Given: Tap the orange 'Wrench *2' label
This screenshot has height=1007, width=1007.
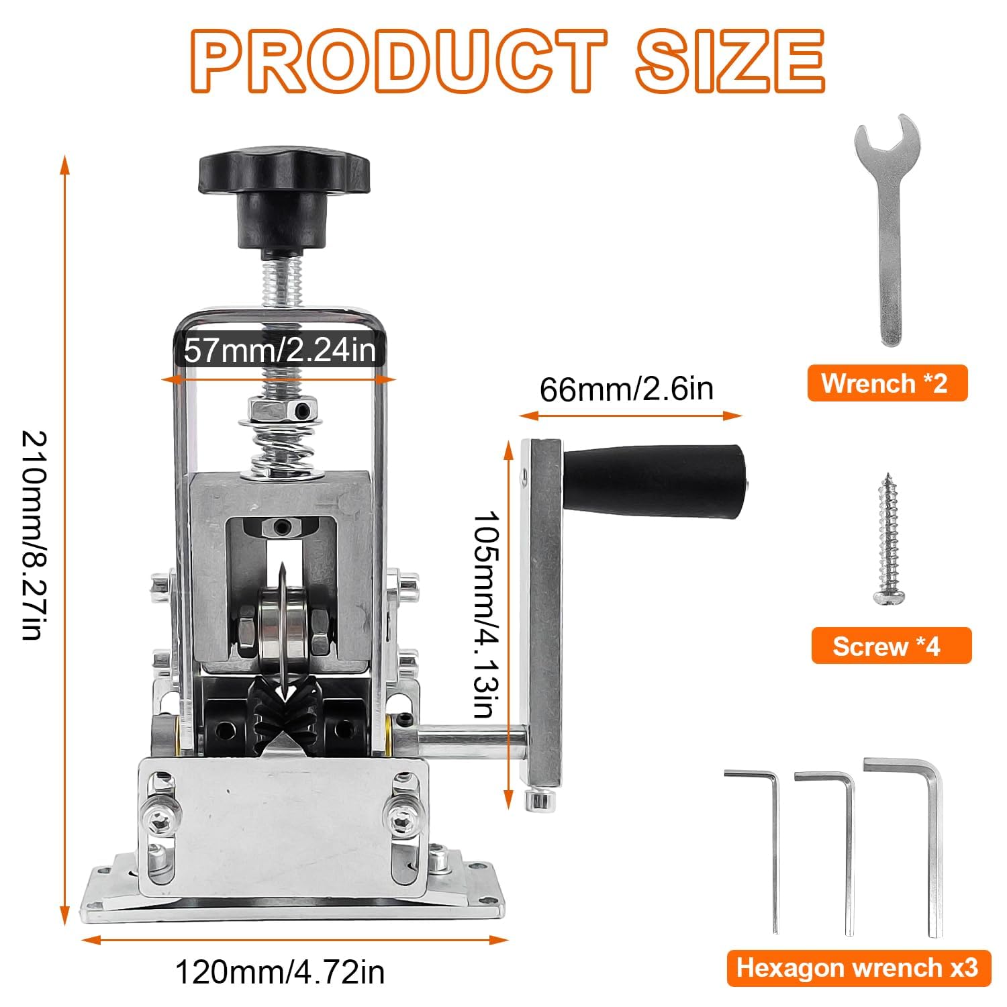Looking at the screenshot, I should tap(887, 383).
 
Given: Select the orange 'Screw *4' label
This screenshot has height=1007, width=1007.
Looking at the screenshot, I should tap(891, 646).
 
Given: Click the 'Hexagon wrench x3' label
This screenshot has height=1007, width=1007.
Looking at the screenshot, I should tap(858, 968).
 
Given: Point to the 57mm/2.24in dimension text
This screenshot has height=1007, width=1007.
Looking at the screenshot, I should tap(280, 350).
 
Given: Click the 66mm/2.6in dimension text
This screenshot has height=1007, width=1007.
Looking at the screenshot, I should tap(626, 389).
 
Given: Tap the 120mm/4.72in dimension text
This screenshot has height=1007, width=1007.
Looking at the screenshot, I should tap(280, 971).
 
